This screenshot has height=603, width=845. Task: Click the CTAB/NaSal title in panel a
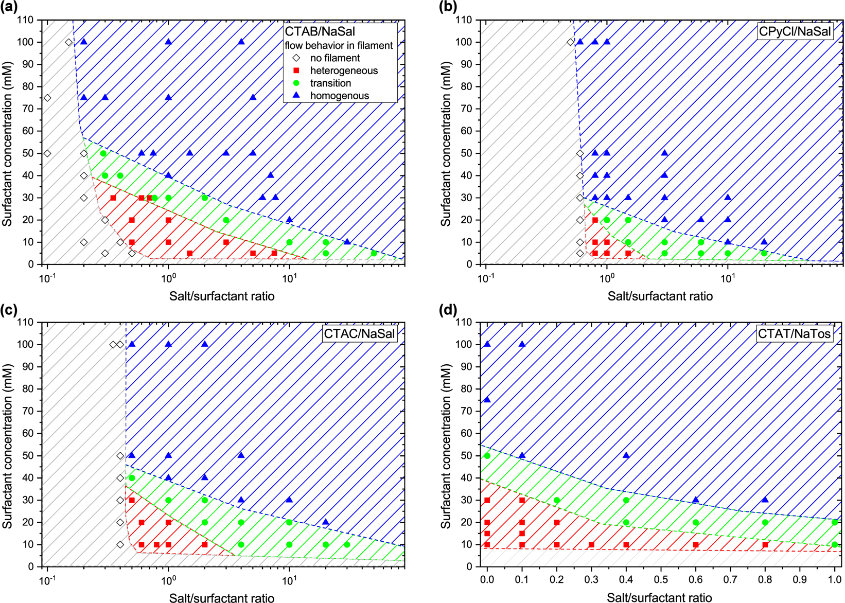[320, 32]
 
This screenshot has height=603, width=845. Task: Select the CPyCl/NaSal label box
[795, 32]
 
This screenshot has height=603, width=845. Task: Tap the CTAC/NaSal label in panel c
[359, 334]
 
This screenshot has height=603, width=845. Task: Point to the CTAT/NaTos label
[794, 334]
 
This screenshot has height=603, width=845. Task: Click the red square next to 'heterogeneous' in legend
[296, 70]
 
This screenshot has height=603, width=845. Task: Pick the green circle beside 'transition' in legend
[296, 83]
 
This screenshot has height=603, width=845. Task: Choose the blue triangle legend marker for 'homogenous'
[296, 95]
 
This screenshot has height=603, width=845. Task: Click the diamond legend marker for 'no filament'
[296, 58]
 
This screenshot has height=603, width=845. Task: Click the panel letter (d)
[449, 310]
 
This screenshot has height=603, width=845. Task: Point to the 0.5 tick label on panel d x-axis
[661, 580]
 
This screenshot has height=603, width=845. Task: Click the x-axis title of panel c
[222, 598]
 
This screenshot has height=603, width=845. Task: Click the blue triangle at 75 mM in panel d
[487, 400]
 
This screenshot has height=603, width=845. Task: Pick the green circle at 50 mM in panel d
[487, 456]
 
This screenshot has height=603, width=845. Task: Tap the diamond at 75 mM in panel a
[47, 98]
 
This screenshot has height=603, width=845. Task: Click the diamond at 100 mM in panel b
[570, 42]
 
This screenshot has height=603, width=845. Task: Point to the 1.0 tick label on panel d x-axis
[834, 580]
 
